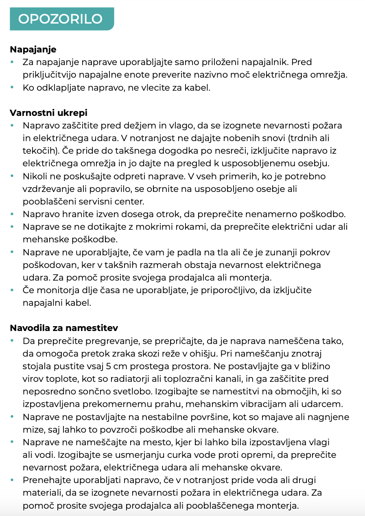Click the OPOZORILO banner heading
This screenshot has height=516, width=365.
60,19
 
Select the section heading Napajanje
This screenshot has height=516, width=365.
33,50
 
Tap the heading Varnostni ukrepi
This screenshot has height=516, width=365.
48,113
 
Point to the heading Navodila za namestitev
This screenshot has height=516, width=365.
64,327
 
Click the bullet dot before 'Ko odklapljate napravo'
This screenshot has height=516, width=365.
12,87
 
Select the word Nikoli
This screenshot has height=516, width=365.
35,176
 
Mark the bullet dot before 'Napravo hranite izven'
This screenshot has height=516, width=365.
12,214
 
